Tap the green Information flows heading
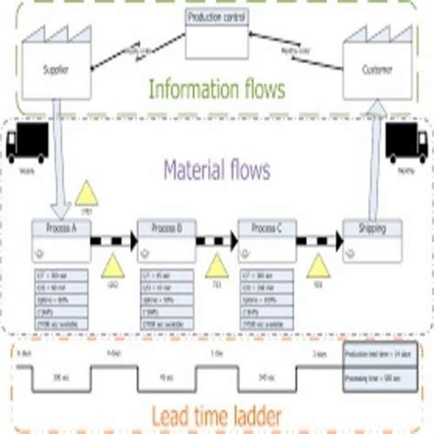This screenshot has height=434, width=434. point(217,91)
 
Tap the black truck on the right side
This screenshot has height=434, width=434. point(408,144)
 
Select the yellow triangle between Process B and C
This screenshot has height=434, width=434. point(216,266)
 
